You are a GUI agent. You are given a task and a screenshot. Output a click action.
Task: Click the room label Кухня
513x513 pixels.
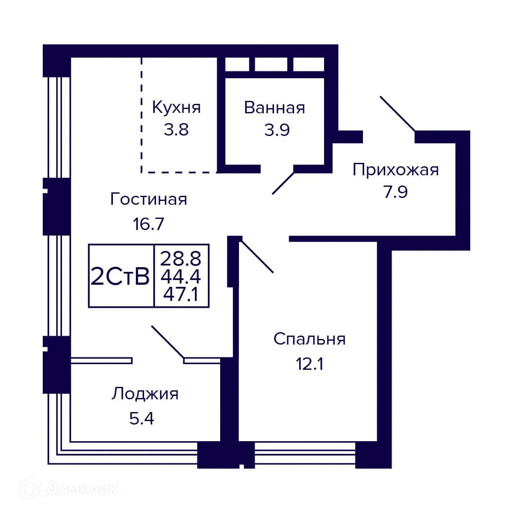tap(176, 107)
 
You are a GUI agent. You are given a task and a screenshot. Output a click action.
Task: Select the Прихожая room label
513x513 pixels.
tap(395, 170)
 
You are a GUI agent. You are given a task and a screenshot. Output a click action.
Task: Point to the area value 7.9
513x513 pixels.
tap(395, 192)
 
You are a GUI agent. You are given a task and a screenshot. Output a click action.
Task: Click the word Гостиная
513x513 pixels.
tap(148, 199)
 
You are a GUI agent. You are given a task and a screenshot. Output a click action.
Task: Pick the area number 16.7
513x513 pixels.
tap(148, 224)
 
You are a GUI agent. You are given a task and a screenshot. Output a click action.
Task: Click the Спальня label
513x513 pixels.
tap(310, 339)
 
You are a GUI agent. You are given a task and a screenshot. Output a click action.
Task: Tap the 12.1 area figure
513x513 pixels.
tap(310, 364)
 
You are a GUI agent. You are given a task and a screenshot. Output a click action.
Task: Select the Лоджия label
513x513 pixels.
tap(145, 394)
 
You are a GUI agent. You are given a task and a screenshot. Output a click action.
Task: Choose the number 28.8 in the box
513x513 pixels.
tap(181, 259)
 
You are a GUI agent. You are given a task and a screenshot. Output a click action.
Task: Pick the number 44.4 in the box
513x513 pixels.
tap(181, 277)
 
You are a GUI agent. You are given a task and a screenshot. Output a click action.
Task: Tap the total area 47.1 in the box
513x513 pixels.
tap(181, 295)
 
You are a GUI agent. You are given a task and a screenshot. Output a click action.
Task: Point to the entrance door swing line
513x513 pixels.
tap(397, 113)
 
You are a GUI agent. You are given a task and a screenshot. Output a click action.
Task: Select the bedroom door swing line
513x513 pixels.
tap(257, 256)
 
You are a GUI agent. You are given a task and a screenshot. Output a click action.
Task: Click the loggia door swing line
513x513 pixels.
tap(168, 342)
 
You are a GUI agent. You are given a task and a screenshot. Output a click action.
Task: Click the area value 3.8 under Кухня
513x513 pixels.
tap(176, 130)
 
